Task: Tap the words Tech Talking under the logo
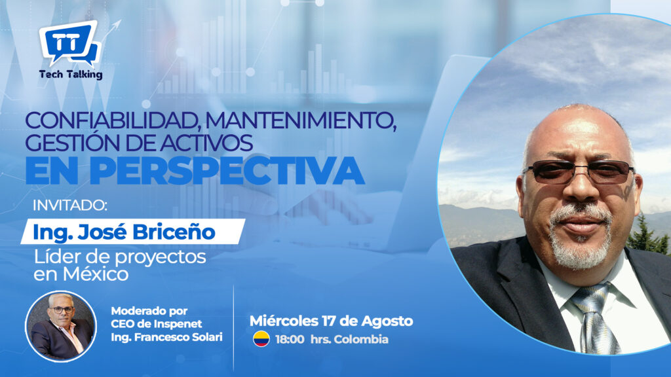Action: coord(71,75)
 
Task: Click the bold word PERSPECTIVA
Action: coord(227,171)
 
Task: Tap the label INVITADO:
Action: coord(69,206)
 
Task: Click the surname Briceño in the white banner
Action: coord(174,232)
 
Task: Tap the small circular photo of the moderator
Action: coord(61,327)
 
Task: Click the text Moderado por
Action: coord(149,311)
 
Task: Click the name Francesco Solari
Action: coord(178,337)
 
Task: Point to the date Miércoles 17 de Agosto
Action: coord(331,321)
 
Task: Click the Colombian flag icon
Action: coord(261,339)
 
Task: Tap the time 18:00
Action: coord(290,340)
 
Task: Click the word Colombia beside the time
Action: coord(361,340)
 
